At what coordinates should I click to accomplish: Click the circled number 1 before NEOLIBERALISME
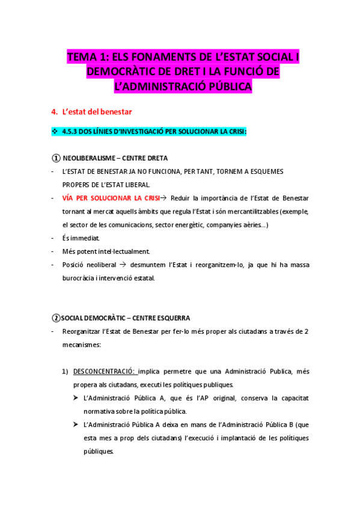(55, 158)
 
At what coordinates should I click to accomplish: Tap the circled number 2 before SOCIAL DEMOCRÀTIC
(56, 318)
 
